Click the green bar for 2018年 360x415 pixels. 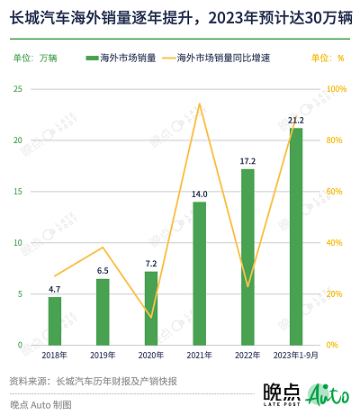point(55,320)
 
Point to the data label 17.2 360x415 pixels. point(247,161)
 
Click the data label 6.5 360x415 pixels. point(103,270)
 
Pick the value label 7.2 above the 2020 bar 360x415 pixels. point(151,263)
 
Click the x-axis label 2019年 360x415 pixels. point(103,356)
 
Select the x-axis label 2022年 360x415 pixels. point(247,356)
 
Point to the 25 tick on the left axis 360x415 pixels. point(18,89)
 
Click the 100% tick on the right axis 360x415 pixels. point(336,89)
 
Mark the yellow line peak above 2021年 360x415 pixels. point(199,104)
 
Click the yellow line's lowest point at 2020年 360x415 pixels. point(151,318)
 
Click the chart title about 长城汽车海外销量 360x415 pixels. point(179,17)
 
